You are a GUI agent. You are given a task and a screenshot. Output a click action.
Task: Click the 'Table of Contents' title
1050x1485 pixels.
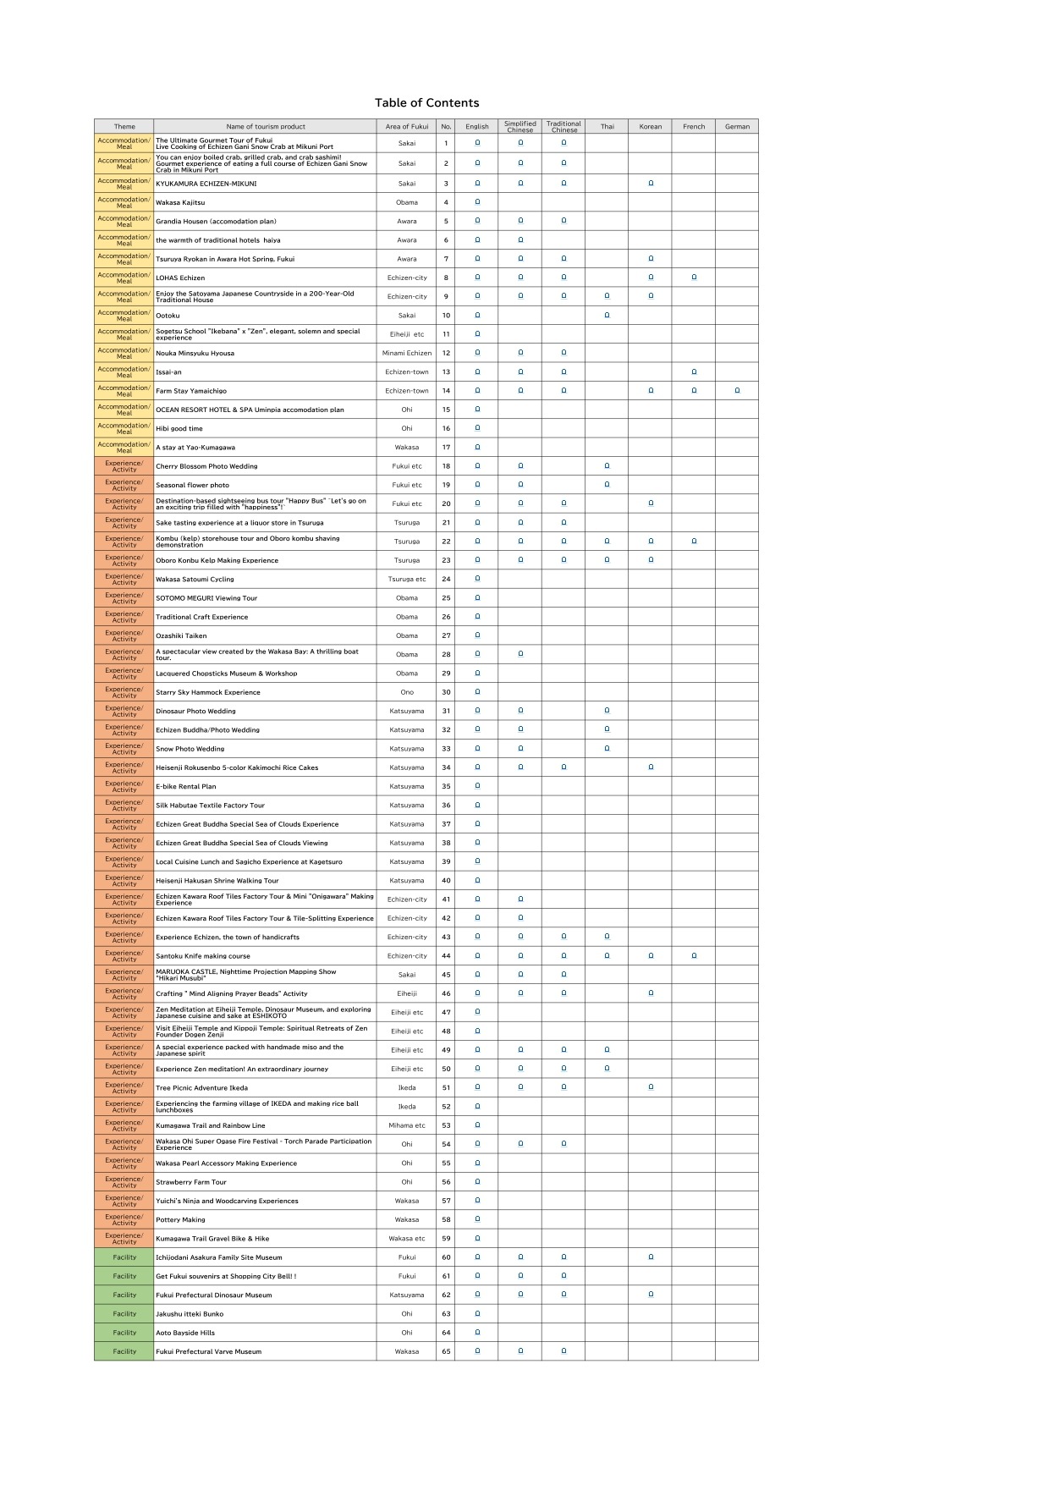point(426,103)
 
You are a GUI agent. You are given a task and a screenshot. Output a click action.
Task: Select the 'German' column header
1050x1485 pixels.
point(737,127)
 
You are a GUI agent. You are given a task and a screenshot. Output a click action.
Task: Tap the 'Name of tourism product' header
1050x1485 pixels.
point(265,127)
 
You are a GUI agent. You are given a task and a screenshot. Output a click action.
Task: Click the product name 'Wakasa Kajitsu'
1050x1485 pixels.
point(180,203)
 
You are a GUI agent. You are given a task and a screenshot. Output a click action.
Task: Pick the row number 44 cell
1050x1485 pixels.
point(446,956)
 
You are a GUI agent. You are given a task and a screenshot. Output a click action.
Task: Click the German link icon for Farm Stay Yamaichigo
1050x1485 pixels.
point(737,391)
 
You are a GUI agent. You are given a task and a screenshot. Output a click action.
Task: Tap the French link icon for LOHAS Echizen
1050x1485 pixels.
point(694,278)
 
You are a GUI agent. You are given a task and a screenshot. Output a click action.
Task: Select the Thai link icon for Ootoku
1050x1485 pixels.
point(607,315)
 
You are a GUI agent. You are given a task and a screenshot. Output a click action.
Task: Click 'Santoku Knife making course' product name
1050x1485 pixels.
point(203,956)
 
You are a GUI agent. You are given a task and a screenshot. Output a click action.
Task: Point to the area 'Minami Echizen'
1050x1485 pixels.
point(407,353)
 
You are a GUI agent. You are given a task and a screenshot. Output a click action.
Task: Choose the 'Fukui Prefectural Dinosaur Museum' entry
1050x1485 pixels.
point(214,1295)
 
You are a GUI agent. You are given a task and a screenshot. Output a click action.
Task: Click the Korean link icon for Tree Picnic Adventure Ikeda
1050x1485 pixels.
point(651,1087)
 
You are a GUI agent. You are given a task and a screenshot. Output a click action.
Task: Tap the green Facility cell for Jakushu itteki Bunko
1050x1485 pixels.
point(124,1314)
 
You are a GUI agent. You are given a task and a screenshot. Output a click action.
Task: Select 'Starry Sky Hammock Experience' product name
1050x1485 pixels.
point(208,692)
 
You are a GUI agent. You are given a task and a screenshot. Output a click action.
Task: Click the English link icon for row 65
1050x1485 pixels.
point(477,1351)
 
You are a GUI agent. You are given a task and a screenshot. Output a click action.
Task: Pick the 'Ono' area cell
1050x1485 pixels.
point(407,692)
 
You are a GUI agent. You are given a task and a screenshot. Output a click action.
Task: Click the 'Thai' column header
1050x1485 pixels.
point(607,127)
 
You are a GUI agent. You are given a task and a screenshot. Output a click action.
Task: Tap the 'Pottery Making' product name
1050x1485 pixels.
point(180,1220)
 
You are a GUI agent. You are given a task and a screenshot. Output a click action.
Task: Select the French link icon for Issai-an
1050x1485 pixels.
point(694,371)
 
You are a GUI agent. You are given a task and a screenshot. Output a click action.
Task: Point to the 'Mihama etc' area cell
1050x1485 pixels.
point(407,1125)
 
